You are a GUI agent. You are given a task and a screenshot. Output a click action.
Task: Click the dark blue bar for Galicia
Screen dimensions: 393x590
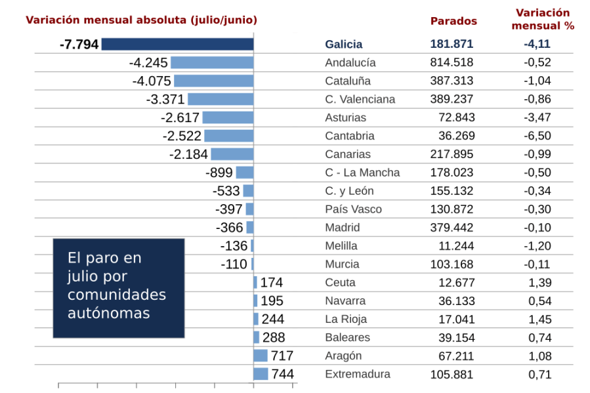pyautogui.click(x=177, y=44)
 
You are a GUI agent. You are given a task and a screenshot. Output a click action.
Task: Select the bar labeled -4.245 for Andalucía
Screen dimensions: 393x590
pyautogui.click(x=212, y=62)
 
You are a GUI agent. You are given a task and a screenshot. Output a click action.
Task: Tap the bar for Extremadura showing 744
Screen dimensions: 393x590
pyautogui.click(x=261, y=374)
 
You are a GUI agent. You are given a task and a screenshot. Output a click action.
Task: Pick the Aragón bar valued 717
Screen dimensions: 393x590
pyautogui.click(x=261, y=356)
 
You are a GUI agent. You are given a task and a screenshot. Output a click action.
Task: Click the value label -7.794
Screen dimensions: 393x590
pyautogui.click(x=79, y=44)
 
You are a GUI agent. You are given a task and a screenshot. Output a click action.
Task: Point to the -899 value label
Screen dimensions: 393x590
pyautogui.click(x=219, y=173)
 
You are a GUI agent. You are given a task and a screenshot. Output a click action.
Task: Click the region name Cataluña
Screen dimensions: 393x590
pyautogui.click(x=347, y=81)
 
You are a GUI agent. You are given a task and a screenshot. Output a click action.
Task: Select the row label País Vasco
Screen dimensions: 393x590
pyautogui.click(x=353, y=209)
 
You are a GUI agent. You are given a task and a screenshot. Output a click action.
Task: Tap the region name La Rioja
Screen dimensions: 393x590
pyautogui.click(x=346, y=319)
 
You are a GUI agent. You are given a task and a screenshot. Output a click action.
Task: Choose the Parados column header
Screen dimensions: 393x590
pyautogui.click(x=453, y=21)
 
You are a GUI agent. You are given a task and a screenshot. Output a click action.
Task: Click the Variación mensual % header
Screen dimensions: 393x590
pyautogui.click(x=543, y=20)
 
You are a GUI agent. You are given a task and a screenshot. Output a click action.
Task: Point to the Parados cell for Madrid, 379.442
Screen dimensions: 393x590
pyautogui.click(x=452, y=228)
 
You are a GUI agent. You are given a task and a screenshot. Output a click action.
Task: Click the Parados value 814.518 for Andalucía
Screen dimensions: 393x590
pyautogui.click(x=452, y=62)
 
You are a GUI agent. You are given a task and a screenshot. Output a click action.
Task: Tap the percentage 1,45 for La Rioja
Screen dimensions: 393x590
pyautogui.click(x=539, y=319)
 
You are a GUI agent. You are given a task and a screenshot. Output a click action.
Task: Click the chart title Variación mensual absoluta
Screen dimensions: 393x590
pyautogui.click(x=141, y=20)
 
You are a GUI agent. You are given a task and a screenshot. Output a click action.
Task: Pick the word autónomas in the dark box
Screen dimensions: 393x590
pyautogui.click(x=108, y=313)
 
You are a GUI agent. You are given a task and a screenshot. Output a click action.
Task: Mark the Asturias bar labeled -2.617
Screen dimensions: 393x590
pyautogui.click(x=228, y=117)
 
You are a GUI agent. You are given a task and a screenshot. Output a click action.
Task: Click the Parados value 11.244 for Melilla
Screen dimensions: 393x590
pyautogui.click(x=455, y=246)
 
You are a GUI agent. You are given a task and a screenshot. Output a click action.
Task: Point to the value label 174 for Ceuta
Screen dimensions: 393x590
pyautogui.click(x=271, y=283)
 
